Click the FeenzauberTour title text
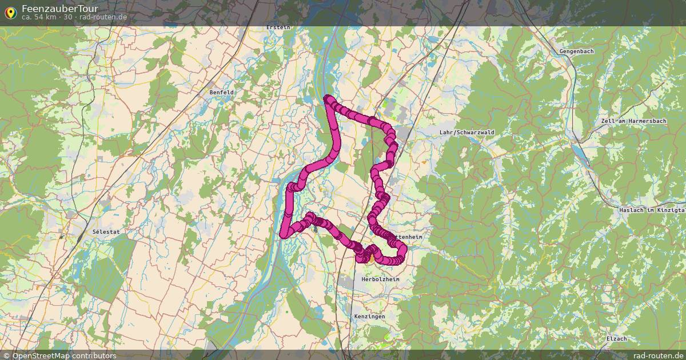coord(59,9)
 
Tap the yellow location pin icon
coord(10,12)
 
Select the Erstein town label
coord(278,27)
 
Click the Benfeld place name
coord(221,92)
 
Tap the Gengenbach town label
coord(577,51)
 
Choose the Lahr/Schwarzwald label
coord(467,132)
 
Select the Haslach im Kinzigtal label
coord(652,210)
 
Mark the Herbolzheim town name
coord(381,279)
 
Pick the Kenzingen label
coord(369,316)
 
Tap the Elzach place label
coord(617,339)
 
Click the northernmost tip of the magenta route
coord(328,98)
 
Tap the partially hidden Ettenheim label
coord(410,236)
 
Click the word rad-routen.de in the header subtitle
coord(104,17)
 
